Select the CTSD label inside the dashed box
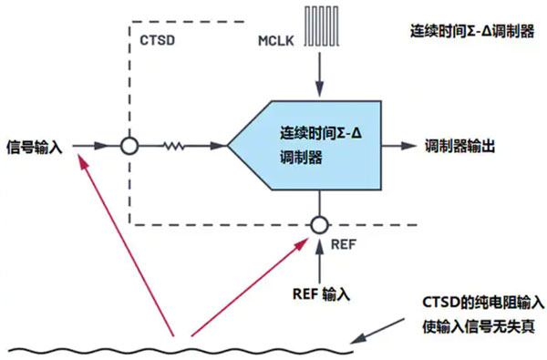(x=157, y=44)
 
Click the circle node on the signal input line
(x=129, y=145)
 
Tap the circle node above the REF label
(x=317, y=223)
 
